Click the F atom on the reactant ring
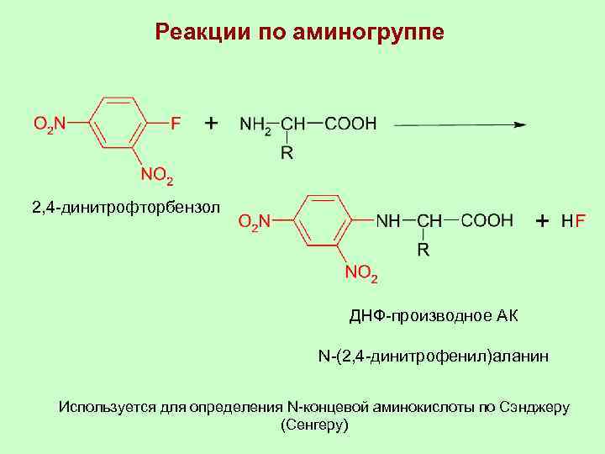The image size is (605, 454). (x=175, y=124)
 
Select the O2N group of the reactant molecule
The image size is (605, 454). (x=48, y=124)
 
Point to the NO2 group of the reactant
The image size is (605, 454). (x=157, y=177)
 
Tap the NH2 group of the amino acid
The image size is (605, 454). (x=255, y=125)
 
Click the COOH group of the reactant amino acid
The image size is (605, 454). (x=350, y=124)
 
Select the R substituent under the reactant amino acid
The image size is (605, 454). (x=287, y=153)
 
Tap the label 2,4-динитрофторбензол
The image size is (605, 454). (x=124, y=207)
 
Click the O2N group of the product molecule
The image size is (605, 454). (x=254, y=222)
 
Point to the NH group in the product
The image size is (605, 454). (x=388, y=221)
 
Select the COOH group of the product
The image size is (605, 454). (x=487, y=221)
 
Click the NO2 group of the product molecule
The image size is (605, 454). (x=362, y=273)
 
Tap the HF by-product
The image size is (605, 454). (x=574, y=222)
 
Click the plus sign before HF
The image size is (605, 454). (x=542, y=221)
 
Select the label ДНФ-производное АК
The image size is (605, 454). (x=434, y=316)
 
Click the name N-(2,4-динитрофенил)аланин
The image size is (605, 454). (x=433, y=357)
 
